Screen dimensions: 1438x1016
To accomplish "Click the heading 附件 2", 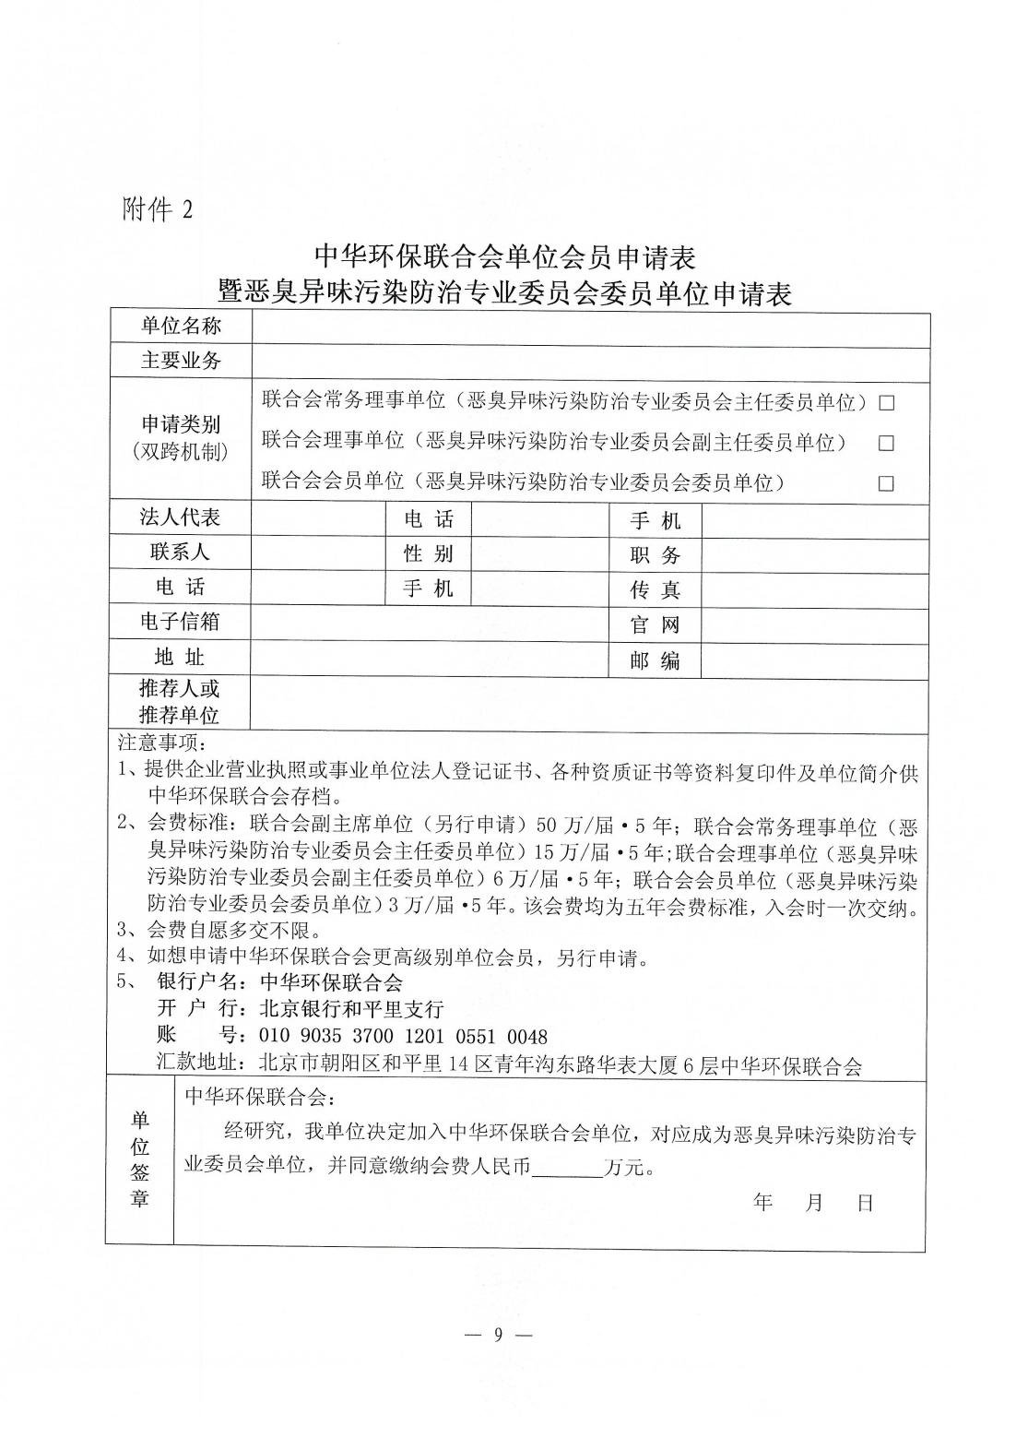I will pyautogui.click(x=158, y=209).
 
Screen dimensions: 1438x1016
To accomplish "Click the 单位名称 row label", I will pyautogui.click(x=181, y=326).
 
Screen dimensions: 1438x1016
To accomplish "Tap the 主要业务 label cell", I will pyautogui.click(x=181, y=360).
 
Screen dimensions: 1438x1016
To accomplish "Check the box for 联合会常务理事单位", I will pyautogui.click(x=886, y=402).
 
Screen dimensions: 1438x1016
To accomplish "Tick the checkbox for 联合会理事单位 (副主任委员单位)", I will pyautogui.click(x=886, y=443).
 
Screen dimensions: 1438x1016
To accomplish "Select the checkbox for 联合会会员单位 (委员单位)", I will pyautogui.click(x=886, y=483).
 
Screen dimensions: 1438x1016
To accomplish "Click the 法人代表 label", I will pyautogui.click(x=181, y=517).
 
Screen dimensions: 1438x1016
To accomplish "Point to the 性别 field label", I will pyautogui.click(x=429, y=553).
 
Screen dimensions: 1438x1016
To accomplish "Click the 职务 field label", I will pyautogui.click(x=655, y=554).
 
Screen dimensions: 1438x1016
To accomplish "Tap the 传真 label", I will pyautogui.click(x=655, y=589).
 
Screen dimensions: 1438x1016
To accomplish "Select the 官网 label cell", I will pyautogui.click(x=655, y=624).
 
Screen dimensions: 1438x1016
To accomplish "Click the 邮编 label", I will pyautogui.click(x=655, y=660).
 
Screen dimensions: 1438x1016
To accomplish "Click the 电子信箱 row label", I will pyautogui.click(x=181, y=622).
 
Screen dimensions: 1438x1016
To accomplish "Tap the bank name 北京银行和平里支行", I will pyautogui.click(x=352, y=1008).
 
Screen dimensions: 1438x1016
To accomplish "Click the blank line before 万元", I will pyautogui.click(x=566, y=1166).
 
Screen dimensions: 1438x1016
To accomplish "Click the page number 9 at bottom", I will pyautogui.click(x=497, y=1334).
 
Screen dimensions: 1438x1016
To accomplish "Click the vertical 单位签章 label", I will pyautogui.click(x=139, y=1159).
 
